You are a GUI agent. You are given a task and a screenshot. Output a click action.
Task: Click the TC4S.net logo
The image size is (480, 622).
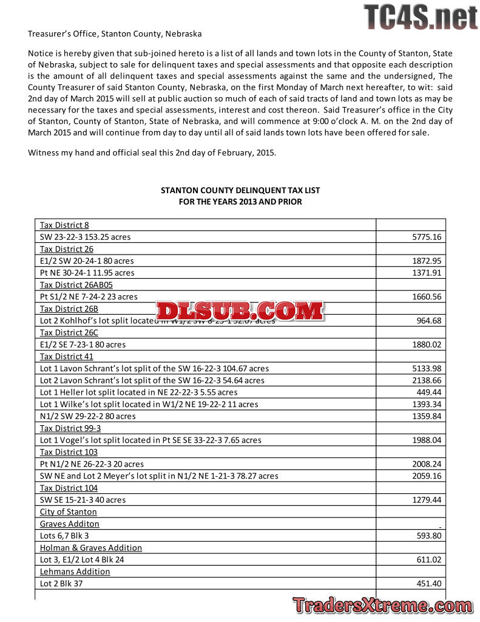(x=420, y=17)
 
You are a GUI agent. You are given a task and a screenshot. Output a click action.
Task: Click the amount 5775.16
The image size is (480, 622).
(x=427, y=237)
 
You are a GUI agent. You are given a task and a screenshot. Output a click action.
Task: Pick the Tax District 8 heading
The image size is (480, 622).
(x=64, y=225)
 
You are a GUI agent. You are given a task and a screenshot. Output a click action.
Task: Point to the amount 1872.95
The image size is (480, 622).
(x=427, y=261)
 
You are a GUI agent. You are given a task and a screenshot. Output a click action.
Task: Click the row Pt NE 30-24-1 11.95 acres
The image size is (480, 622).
(x=87, y=273)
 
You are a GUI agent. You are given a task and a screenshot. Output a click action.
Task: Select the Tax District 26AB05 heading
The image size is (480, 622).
(x=76, y=284)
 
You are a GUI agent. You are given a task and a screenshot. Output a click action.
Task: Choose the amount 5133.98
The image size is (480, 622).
(x=427, y=368)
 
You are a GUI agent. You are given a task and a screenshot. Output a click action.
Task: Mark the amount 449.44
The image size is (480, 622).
(x=429, y=392)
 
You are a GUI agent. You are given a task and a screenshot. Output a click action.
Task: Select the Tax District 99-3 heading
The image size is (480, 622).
(x=70, y=428)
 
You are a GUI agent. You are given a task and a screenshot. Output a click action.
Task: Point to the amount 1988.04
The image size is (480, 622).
(x=427, y=440)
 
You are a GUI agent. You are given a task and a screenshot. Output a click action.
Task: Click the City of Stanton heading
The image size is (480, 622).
(x=69, y=511)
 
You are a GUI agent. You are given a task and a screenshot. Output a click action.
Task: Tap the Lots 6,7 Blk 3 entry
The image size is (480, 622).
(x=64, y=535)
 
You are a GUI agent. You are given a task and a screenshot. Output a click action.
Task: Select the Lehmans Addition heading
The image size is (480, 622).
(x=75, y=571)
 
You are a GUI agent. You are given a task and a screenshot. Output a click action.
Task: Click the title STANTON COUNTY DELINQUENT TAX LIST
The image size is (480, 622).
(x=240, y=190)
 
